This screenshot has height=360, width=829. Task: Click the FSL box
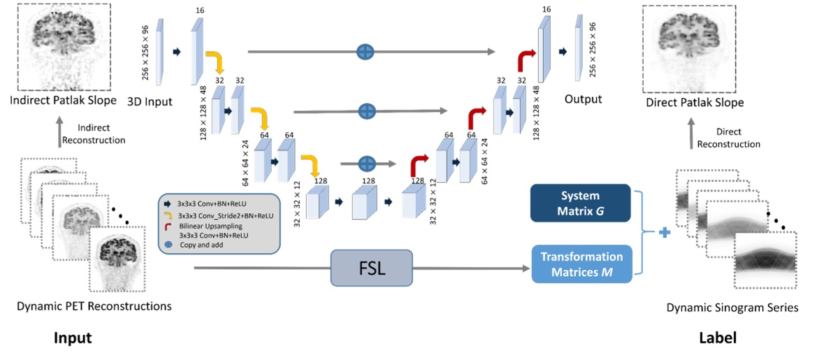click(x=371, y=268)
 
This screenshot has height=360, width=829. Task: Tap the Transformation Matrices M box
click(x=582, y=264)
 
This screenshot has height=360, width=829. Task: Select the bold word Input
click(x=73, y=338)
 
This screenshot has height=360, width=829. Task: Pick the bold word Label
click(x=718, y=338)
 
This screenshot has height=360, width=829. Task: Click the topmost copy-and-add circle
click(x=365, y=51)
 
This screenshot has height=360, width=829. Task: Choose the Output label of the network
click(x=583, y=99)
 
